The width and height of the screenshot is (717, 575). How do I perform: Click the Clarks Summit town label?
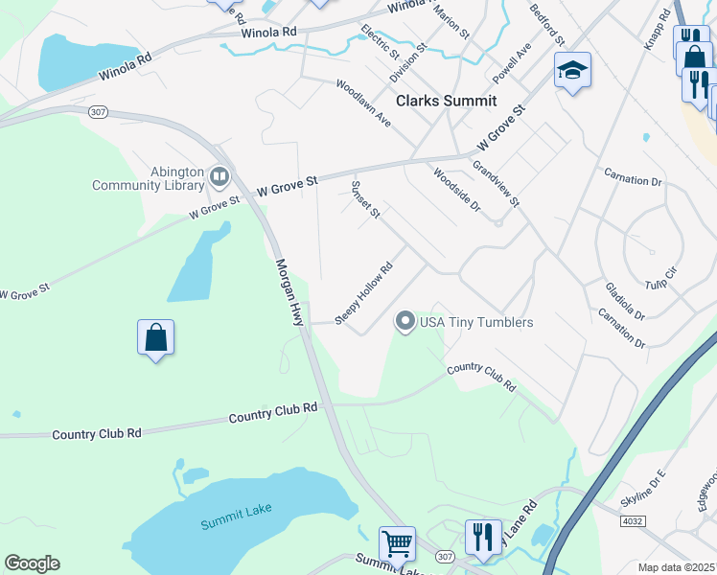(x=447, y=101)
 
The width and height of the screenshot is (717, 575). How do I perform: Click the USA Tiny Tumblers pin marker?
(x=405, y=322)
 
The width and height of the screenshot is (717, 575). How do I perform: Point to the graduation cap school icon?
(x=572, y=70)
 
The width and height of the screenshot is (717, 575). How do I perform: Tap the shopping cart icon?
(x=397, y=543)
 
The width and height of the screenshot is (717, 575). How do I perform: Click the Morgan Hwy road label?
(x=289, y=292)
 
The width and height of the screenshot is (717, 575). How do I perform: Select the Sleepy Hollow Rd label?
(x=364, y=293)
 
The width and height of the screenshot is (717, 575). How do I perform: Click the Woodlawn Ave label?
(x=363, y=103)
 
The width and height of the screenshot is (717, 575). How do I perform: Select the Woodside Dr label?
(x=455, y=190)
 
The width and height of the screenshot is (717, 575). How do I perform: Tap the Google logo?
(x=32, y=563)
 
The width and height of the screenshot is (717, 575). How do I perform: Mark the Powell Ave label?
(x=512, y=62)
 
